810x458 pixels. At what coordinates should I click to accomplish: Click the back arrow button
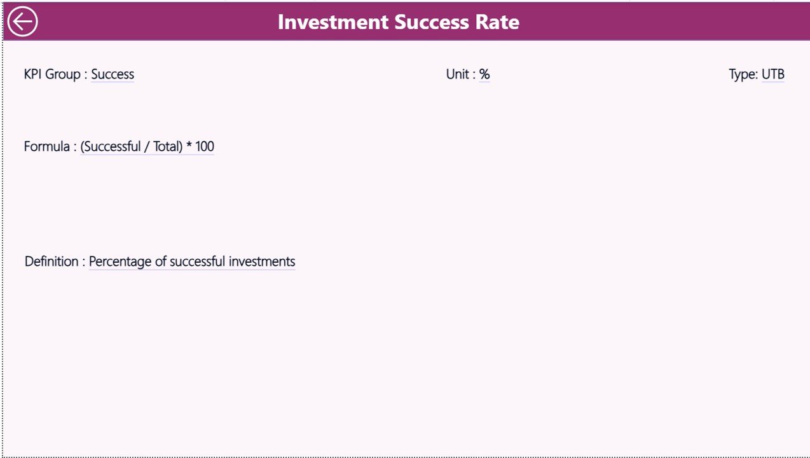(22, 22)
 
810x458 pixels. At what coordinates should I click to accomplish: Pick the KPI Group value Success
(113, 74)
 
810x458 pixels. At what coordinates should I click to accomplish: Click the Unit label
(458, 74)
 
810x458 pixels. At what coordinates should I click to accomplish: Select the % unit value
(484, 74)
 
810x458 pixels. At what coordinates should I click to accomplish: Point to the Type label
(743, 74)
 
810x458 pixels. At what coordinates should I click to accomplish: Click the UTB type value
(773, 74)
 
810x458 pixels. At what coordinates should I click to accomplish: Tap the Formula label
(46, 147)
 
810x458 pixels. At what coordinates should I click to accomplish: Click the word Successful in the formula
(113, 147)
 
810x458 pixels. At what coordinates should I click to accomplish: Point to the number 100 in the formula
(205, 147)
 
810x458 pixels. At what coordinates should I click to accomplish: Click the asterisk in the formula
(189, 146)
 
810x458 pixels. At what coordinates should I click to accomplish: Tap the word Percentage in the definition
(117, 261)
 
